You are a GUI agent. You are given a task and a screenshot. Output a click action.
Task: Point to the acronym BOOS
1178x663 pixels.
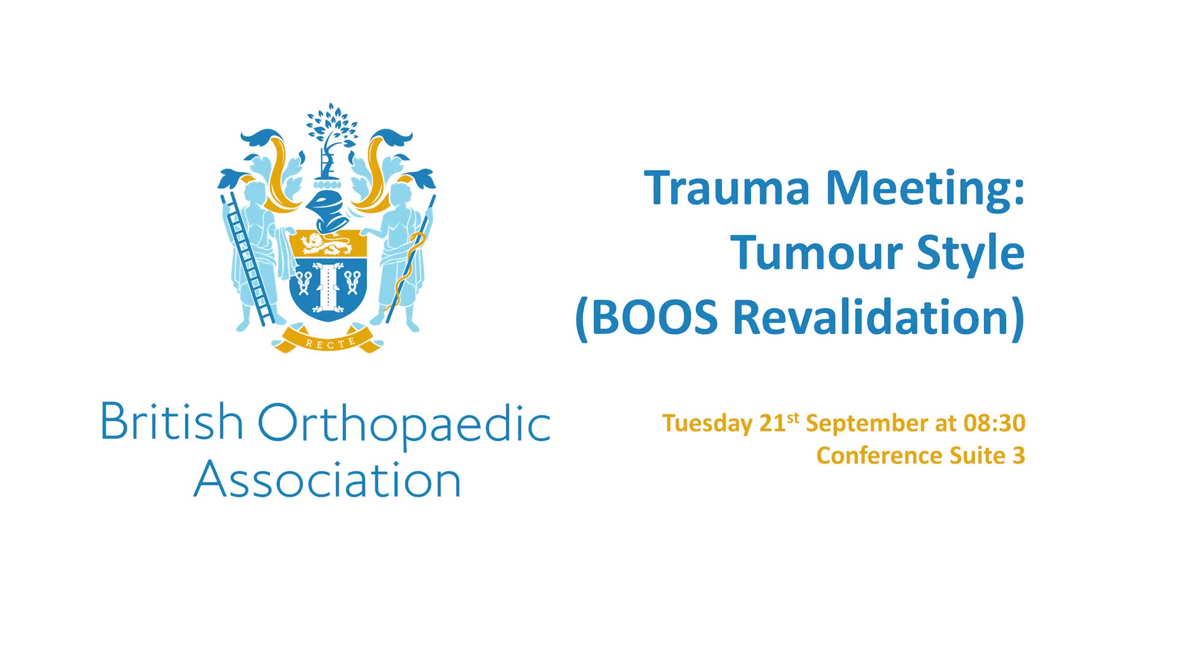[x=654, y=317]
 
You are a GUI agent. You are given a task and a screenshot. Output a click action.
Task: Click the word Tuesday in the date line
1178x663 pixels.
[x=707, y=424]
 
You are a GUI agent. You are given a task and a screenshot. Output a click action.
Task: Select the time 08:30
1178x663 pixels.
[x=995, y=423]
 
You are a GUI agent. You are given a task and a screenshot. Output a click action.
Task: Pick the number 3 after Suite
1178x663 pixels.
[x=1019, y=456]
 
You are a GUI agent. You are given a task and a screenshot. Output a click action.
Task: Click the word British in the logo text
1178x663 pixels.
[x=172, y=422]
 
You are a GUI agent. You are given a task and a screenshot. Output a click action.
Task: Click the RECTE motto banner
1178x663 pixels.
[x=330, y=341]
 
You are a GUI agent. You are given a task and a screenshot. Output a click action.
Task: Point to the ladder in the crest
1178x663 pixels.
[x=249, y=258]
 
